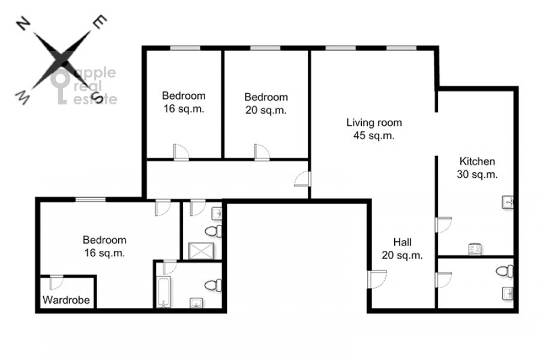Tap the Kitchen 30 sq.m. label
tap(478, 168)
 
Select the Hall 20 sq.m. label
tap(402, 249)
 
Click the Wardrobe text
tap(66, 300)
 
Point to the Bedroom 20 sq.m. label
tap(266, 103)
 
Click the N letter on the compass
tap(23, 25)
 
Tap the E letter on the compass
tap(100, 22)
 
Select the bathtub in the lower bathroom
tap(163, 292)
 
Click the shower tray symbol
tap(202, 251)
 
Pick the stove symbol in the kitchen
tap(475, 250)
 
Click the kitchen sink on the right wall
tap(508, 202)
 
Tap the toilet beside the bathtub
tap(214, 285)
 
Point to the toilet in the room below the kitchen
tap(505, 271)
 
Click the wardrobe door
tap(56, 282)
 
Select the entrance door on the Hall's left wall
tap(377, 279)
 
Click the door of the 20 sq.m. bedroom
tap(262, 152)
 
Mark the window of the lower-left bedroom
tap(91, 199)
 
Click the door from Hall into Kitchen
tap(443, 224)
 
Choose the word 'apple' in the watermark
tap(95, 73)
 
